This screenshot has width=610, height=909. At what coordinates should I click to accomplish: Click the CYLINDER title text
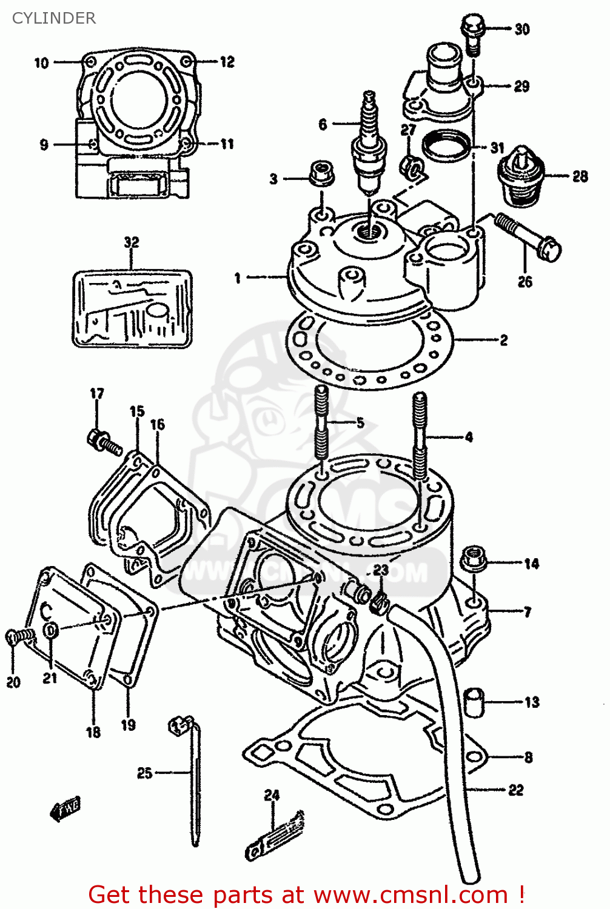tap(54, 18)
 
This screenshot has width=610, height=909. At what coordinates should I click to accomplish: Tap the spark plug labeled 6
tap(367, 146)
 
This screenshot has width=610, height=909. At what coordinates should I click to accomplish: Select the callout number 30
tap(521, 29)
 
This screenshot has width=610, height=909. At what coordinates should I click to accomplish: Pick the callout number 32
tap(132, 242)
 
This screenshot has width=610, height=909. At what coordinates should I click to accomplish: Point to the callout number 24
tap(272, 794)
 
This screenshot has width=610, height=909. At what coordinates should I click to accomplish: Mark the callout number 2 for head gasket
tap(503, 340)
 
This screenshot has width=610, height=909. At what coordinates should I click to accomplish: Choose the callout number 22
tap(515, 790)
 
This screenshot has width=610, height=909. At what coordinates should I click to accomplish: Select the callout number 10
tap(41, 62)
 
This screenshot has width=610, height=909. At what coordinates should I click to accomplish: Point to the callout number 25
tap(144, 773)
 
